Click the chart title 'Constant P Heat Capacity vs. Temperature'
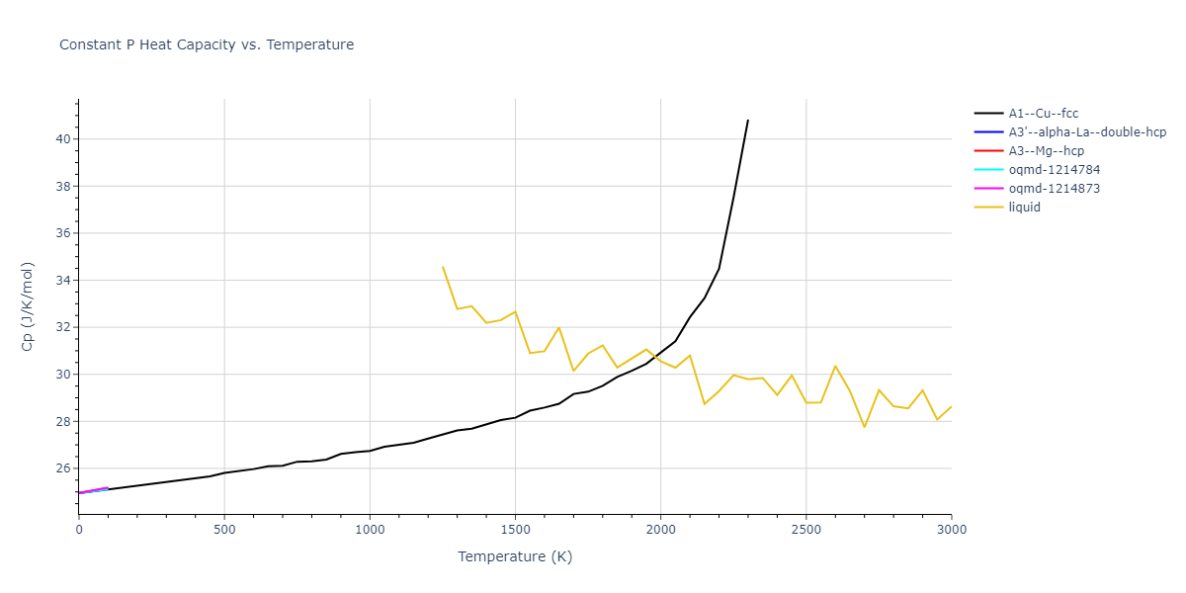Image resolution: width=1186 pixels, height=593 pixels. coord(207,44)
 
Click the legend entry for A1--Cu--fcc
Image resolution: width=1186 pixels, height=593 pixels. coord(1049,114)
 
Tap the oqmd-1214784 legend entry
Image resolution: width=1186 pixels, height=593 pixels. coord(1053,170)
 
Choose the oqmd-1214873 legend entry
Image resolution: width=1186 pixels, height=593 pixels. coord(1053,189)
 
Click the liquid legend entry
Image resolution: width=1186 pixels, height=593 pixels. coord(1025,208)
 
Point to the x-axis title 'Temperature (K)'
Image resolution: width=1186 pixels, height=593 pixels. coord(515,556)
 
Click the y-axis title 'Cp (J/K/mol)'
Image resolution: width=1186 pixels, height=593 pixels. coord(28,306)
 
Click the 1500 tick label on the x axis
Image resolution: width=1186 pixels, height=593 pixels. coord(515,530)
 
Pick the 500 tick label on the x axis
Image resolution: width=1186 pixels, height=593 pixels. coord(224,530)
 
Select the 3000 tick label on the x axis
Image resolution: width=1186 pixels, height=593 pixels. coord(951,530)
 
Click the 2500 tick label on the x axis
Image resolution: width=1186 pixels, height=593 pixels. coord(805,530)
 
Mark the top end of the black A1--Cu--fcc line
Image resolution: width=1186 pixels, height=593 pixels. coord(748,120)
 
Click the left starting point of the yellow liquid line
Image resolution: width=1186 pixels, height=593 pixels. coord(443,267)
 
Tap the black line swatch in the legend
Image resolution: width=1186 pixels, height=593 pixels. coord(988,114)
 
